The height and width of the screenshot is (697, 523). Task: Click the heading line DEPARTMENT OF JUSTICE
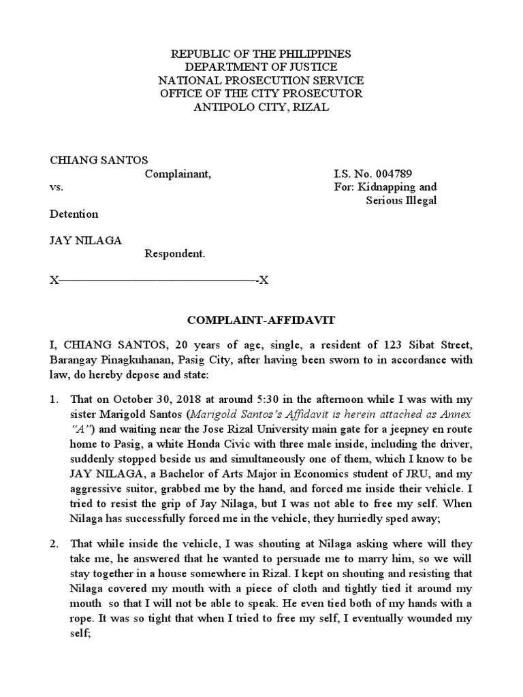(x=261, y=67)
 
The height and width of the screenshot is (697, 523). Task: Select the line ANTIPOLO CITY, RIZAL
(x=261, y=108)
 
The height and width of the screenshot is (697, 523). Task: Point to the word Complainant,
(x=178, y=174)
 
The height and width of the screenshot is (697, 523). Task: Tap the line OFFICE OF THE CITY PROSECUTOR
(x=261, y=94)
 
